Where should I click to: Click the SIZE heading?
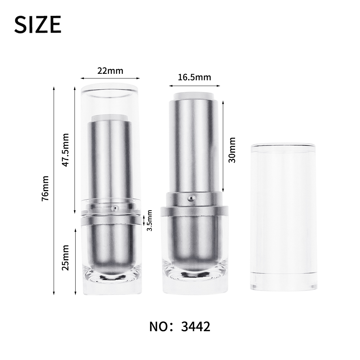[38, 24]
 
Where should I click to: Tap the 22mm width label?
[110, 71]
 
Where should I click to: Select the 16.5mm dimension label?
[194, 77]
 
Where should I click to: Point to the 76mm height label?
[45, 189]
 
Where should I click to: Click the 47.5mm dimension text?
[66, 150]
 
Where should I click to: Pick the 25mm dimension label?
[66, 258]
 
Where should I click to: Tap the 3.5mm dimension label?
[149, 220]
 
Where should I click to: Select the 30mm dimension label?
[232, 150]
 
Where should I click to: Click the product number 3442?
[195, 327]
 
